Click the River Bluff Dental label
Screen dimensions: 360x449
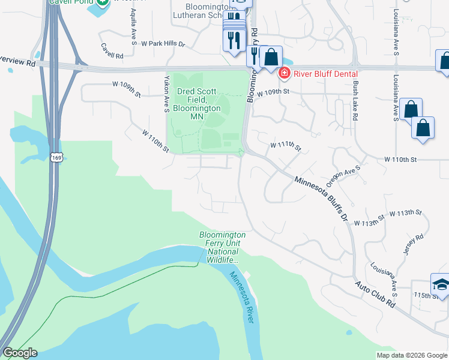click(x=322, y=74)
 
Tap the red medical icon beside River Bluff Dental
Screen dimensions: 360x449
click(x=284, y=74)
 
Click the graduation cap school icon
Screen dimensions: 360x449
click(x=441, y=284)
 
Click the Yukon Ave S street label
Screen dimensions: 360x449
click(x=166, y=94)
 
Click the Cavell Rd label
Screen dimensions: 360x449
click(x=112, y=50)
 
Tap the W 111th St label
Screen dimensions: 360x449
click(x=285, y=146)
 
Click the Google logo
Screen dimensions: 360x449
click(x=20, y=353)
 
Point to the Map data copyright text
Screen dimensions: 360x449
click(x=412, y=355)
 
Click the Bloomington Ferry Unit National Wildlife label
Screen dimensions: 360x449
click(x=223, y=247)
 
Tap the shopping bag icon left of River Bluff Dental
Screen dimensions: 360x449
click(x=271, y=58)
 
